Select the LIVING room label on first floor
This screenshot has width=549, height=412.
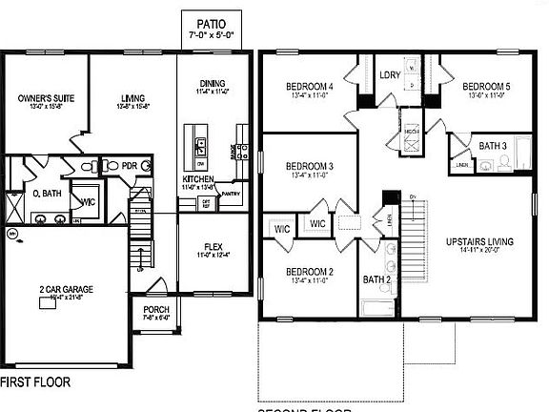(x=132, y=97)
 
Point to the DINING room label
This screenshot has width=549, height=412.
(x=213, y=83)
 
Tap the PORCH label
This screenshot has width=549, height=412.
(x=156, y=311)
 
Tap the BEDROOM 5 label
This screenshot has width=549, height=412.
(x=489, y=87)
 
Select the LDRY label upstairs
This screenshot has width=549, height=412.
(x=389, y=74)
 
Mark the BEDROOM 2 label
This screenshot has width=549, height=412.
(x=310, y=272)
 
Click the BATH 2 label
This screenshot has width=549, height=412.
(x=376, y=279)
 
